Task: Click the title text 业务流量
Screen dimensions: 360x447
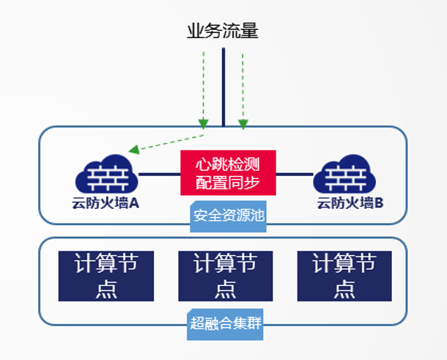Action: click(x=223, y=32)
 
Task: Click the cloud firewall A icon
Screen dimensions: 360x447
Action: click(x=107, y=175)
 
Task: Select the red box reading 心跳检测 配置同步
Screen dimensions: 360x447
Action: click(x=227, y=173)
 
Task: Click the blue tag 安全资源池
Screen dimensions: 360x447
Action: click(x=227, y=216)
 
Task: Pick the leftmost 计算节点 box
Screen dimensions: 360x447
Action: click(x=106, y=276)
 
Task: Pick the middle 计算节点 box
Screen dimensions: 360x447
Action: click(x=226, y=276)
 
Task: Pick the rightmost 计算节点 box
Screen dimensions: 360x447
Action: click(x=344, y=276)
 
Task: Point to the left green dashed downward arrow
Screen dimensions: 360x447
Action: click(x=202, y=88)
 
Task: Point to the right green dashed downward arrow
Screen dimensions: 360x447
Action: click(x=244, y=88)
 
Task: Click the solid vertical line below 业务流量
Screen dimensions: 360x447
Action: click(x=223, y=88)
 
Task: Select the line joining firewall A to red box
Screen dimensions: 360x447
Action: click(x=160, y=175)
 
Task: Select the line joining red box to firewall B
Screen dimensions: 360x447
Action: click(x=294, y=175)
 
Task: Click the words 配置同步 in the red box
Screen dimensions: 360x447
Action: click(x=227, y=182)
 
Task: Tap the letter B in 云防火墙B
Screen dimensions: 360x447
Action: click(x=379, y=203)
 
